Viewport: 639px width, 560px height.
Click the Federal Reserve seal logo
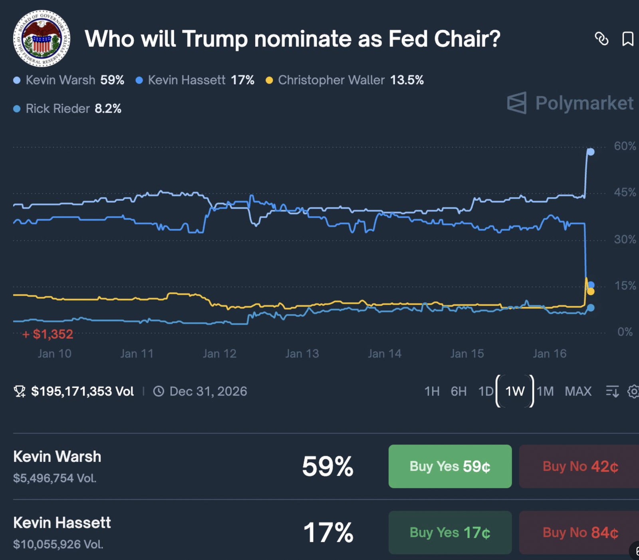tap(42, 38)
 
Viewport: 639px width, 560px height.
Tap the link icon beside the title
tap(601, 39)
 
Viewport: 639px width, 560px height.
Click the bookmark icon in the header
tap(627, 39)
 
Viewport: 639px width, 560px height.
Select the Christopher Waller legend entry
tap(345, 80)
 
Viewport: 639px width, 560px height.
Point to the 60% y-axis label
tap(625, 146)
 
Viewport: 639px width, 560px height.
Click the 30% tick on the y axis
tap(625, 239)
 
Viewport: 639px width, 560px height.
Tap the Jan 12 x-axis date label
tap(219, 354)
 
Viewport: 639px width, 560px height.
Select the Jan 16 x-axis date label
tap(550, 354)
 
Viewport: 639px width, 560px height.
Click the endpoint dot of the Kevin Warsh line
tap(591, 152)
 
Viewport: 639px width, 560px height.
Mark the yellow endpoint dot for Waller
tap(591, 292)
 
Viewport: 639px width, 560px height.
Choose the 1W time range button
tap(515, 391)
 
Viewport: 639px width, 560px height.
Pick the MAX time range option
tap(578, 391)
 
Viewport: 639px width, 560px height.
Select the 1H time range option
tap(432, 391)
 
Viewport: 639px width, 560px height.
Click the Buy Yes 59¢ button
tap(450, 466)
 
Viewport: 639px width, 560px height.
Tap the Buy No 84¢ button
tap(580, 532)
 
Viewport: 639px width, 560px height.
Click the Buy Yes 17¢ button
tap(450, 532)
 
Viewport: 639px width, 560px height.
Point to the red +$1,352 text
tap(48, 334)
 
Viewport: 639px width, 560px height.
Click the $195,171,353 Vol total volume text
tap(82, 391)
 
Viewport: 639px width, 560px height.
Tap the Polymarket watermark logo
tap(570, 103)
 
